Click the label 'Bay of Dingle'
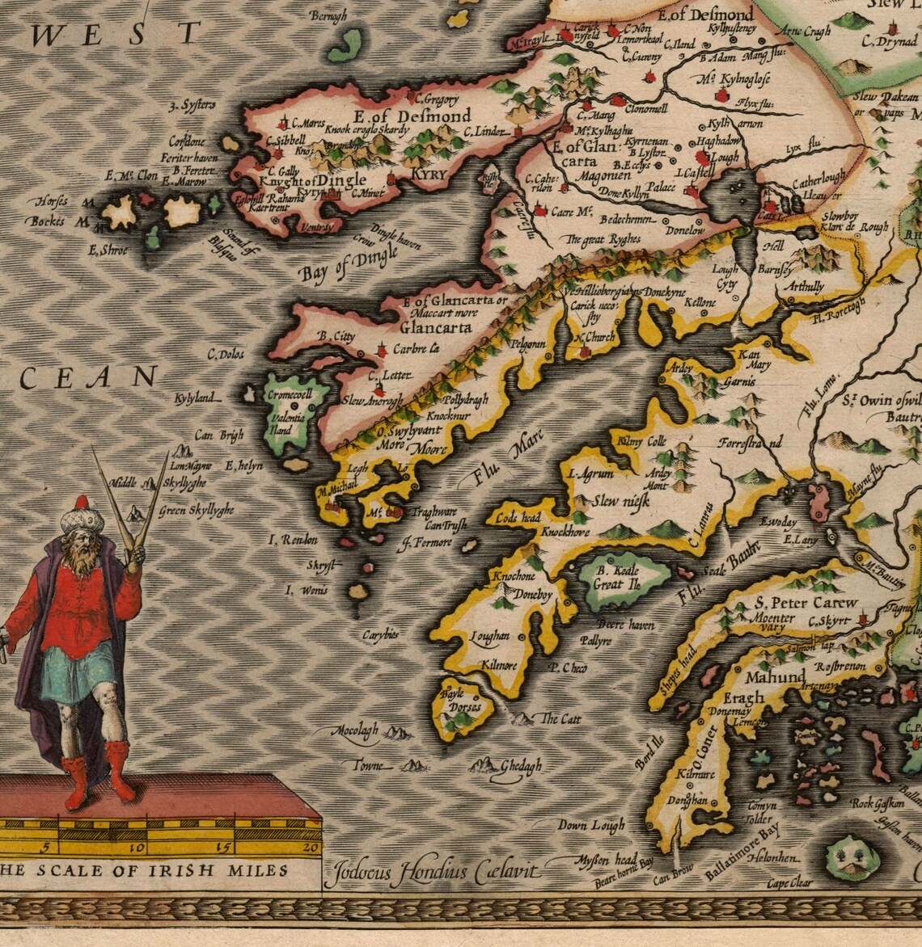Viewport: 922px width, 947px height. pyautogui.click(x=349, y=263)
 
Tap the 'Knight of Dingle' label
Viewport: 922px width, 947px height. pyautogui.click(x=316, y=181)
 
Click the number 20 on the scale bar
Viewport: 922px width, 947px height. pyautogui.click(x=310, y=848)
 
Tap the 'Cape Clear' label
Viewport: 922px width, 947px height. pyautogui.click(x=789, y=883)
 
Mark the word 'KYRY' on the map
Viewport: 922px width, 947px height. pyautogui.click(x=429, y=175)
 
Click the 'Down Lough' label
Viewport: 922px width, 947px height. pyautogui.click(x=591, y=826)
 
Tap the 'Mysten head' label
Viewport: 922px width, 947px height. pyautogui.click(x=607, y=860)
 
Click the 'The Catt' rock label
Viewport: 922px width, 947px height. pyautogui.click(x=560, y=718)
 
